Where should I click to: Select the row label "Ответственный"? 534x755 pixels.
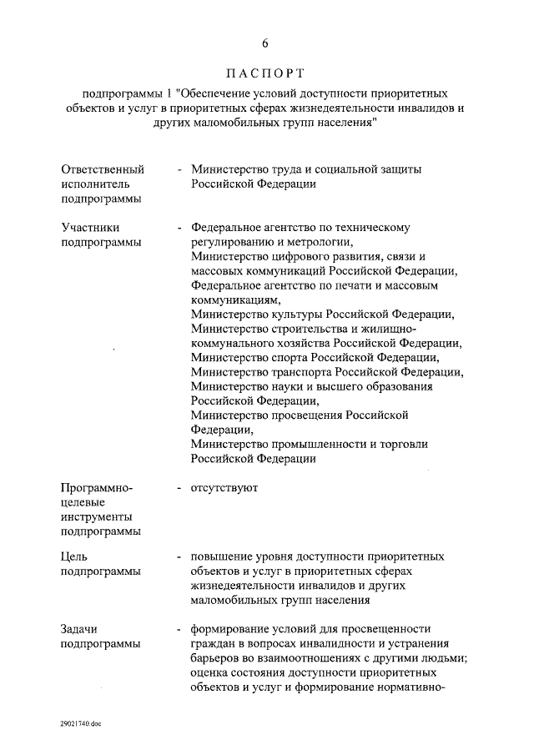(x=97, y=169)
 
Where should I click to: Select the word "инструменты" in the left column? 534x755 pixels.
(x=96, y=516)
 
